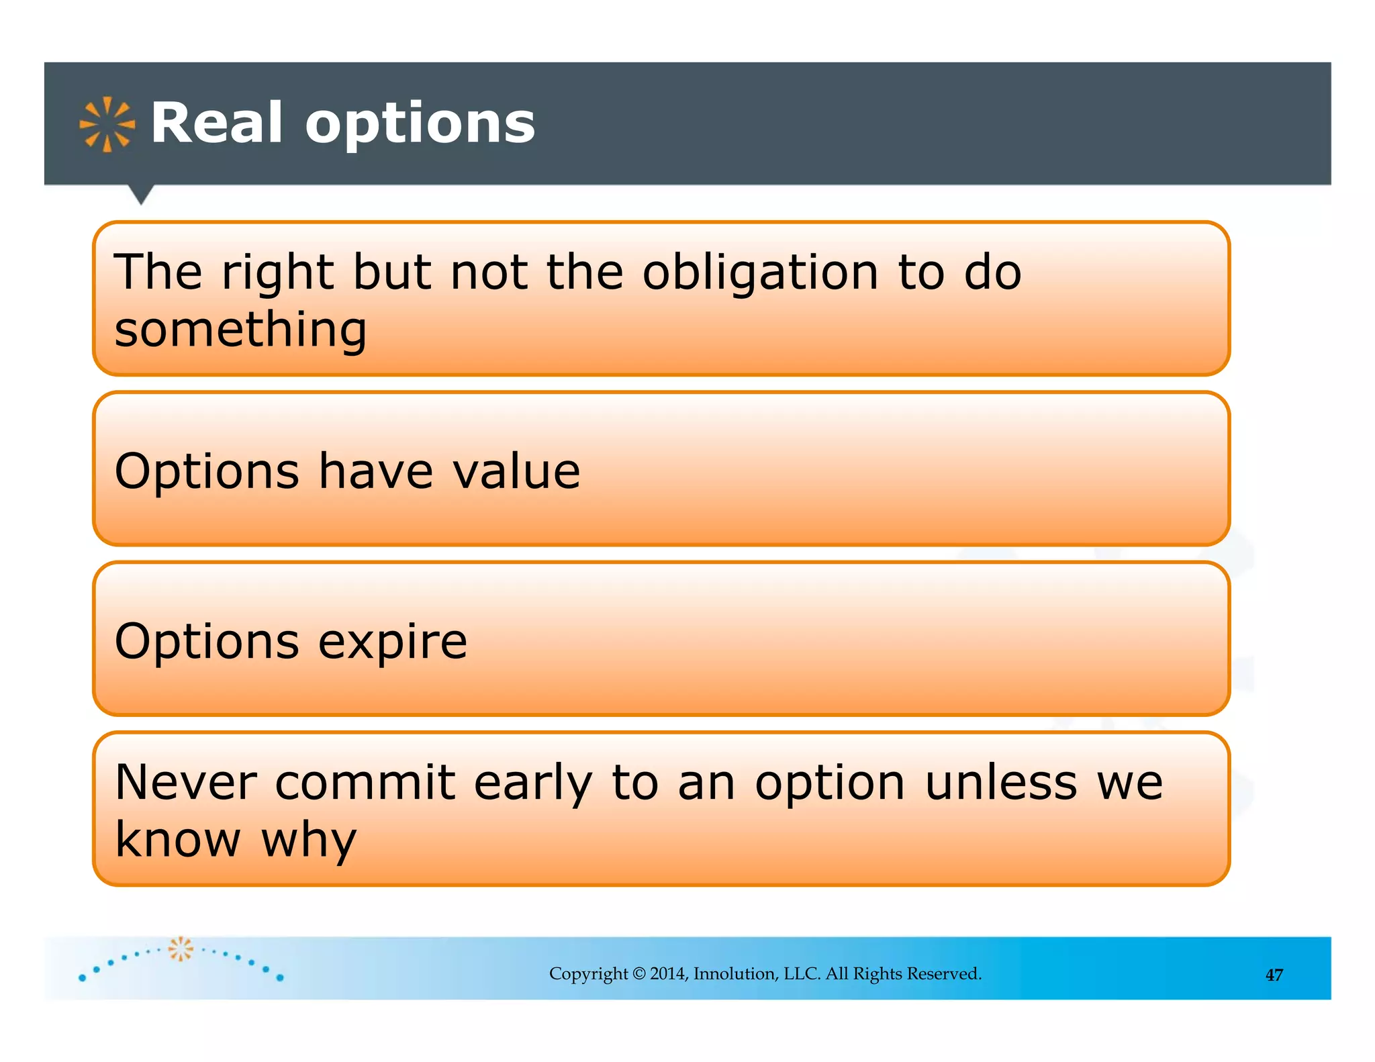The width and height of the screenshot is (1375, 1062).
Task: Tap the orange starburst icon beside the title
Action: pyautogui.click(x=107, y=124)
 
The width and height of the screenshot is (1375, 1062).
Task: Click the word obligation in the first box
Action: pyautogui.click(x=760, y=274)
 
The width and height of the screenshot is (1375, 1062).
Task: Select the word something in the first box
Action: pyautogui.click(x=240, y=330)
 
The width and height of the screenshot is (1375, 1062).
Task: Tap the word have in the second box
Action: pyautogui.click(x=375, y=471)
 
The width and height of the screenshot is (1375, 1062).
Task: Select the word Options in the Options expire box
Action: pyautogui.click(x=207, y=642)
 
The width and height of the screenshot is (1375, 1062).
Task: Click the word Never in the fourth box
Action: pyautogui.click(x=185, y=783)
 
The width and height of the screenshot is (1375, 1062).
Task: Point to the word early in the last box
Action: pyautogui.click(x=533, y=784)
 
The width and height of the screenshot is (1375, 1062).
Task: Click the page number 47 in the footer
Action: pyautogui.click(x=1274, y=975)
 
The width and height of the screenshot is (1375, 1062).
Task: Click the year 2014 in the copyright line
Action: pyautogui.click(x=667, y=974)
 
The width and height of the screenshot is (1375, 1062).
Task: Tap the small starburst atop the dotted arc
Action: pyautogui.click(x=180, y=949)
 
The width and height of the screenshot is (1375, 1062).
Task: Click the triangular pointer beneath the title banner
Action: pyautogui.click(x=141, y=194)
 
